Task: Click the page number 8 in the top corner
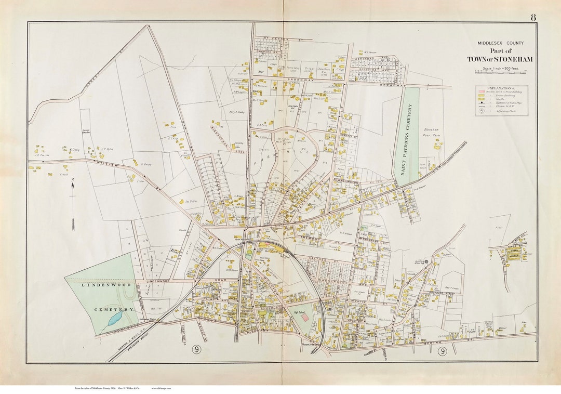tap(533, 17)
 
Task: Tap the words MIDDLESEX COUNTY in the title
tap(501, 43)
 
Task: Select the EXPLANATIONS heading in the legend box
tap(501, 89)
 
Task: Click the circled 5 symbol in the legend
tap(482, 111)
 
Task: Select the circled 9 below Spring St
tap(442, 351)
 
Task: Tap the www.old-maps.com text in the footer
tap(162, 388)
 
